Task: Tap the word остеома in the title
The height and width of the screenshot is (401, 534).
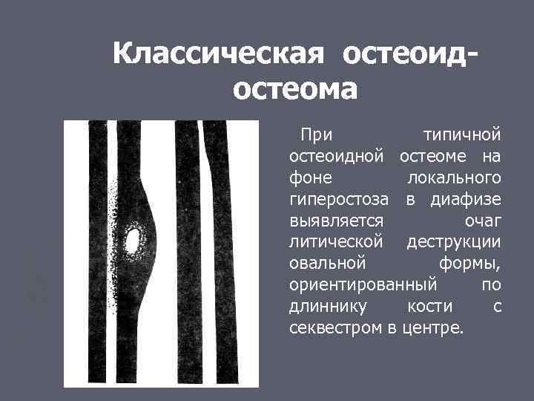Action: coord(295,89)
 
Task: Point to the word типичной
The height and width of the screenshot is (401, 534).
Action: coord(461,135)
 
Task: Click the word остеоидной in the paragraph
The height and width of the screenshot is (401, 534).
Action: coord(336,157)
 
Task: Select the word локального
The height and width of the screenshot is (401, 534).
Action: coord(454,178)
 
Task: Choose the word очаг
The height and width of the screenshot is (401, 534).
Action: coord(483,221)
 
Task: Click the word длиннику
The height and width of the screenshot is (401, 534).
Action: coord(324,307)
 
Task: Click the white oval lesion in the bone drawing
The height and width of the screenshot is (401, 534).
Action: coord(133,240)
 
